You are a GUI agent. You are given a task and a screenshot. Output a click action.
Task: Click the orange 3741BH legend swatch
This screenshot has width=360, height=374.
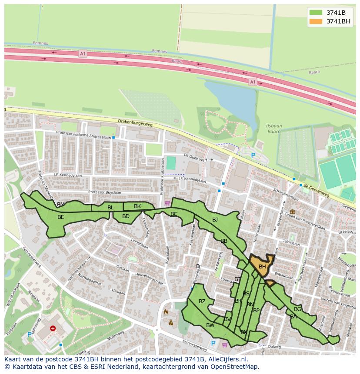point(316,21)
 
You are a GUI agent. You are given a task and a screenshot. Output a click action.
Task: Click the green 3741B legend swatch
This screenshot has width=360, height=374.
point(316,13)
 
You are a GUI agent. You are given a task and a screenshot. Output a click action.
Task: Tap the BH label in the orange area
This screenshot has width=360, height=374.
point(262,267)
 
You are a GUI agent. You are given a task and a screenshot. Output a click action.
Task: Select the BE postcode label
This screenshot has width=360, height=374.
point(61,217)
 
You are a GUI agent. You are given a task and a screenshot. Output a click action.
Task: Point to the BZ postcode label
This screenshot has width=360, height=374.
point(202,301)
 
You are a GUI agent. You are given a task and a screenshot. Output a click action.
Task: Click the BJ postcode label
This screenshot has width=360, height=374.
point(215,220)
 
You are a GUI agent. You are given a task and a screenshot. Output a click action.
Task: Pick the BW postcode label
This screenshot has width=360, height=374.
point(210,325)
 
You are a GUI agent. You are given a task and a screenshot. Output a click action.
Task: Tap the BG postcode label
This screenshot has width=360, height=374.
point(297,309)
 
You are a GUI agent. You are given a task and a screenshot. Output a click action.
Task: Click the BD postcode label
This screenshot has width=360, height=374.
point(126,216)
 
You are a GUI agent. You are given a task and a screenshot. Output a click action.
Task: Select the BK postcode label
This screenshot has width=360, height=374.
point(137,206)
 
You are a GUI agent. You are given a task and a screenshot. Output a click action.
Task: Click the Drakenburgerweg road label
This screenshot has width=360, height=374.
point(135,123)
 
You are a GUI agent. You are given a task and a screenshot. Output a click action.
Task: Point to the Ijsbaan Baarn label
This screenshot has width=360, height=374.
point(274,129)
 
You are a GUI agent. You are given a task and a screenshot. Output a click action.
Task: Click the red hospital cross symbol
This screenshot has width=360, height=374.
point(53,329)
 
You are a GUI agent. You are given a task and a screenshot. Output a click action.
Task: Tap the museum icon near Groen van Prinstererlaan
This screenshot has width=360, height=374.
point(292,212)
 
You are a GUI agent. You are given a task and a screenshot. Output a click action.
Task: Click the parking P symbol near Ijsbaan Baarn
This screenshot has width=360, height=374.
point(253,156)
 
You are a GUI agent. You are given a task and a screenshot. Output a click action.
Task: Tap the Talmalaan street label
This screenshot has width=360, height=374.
point(291,243)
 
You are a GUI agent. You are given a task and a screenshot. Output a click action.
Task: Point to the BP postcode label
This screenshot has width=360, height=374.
point(256,311)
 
